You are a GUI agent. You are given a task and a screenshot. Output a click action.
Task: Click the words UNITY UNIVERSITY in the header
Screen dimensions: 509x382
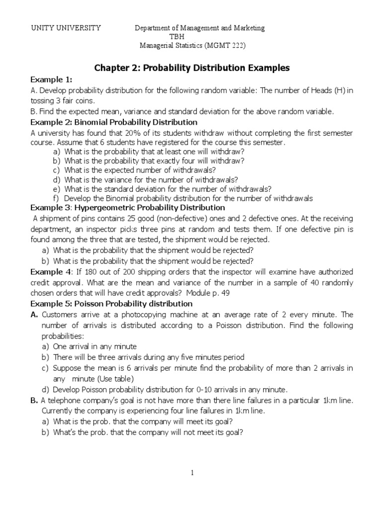click(66, 28)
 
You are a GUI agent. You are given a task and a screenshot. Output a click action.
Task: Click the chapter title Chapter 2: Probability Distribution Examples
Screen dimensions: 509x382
click(191, 68)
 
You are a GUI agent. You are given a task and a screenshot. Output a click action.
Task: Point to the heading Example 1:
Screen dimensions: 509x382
click(51, 80)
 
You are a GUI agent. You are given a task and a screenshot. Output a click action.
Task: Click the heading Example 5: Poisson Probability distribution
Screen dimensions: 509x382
click(111, 303)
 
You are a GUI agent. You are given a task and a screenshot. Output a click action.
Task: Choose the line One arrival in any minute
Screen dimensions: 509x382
click(95, 346)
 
